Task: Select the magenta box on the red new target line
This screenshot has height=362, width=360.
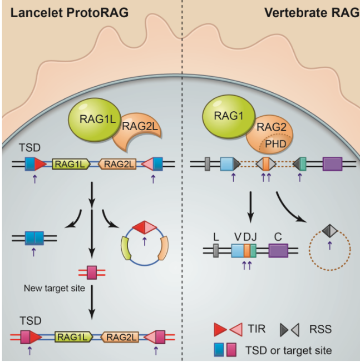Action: (90, 272)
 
